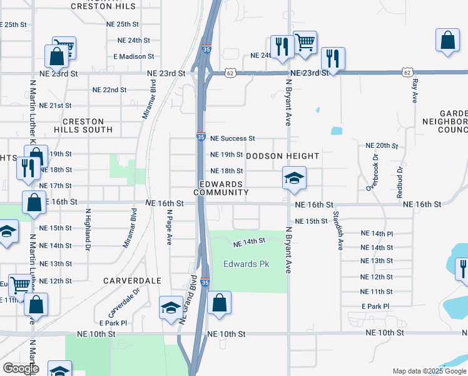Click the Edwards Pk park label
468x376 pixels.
[247, 264]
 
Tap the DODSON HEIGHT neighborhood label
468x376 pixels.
[283, 155]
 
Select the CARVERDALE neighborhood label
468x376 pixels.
[133, 280]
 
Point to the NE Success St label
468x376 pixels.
[233, 138]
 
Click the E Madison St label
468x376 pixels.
[133, 56]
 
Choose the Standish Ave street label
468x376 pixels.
[337, 230]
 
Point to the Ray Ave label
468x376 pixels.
[414, 91]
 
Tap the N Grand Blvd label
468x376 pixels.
[188, 299]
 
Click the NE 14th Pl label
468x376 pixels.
[377, 233]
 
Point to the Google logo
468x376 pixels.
[21, 369]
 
